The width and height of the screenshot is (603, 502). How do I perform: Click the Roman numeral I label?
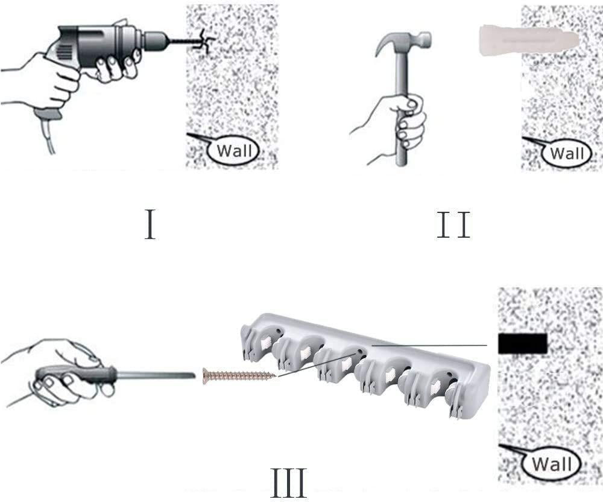click(150, 224)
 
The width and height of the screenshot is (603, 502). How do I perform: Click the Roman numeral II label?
click(453, 224)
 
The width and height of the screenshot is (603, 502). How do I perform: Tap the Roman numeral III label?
click(288, 482)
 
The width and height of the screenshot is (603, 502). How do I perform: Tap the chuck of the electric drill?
click(154, 39)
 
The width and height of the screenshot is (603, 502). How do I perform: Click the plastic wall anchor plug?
click(529, 40)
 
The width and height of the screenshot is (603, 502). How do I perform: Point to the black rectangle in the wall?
click(522, 343)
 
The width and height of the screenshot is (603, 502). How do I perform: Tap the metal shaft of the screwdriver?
click(156, 374)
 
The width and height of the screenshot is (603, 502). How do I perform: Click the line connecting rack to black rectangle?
click(429, 346)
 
